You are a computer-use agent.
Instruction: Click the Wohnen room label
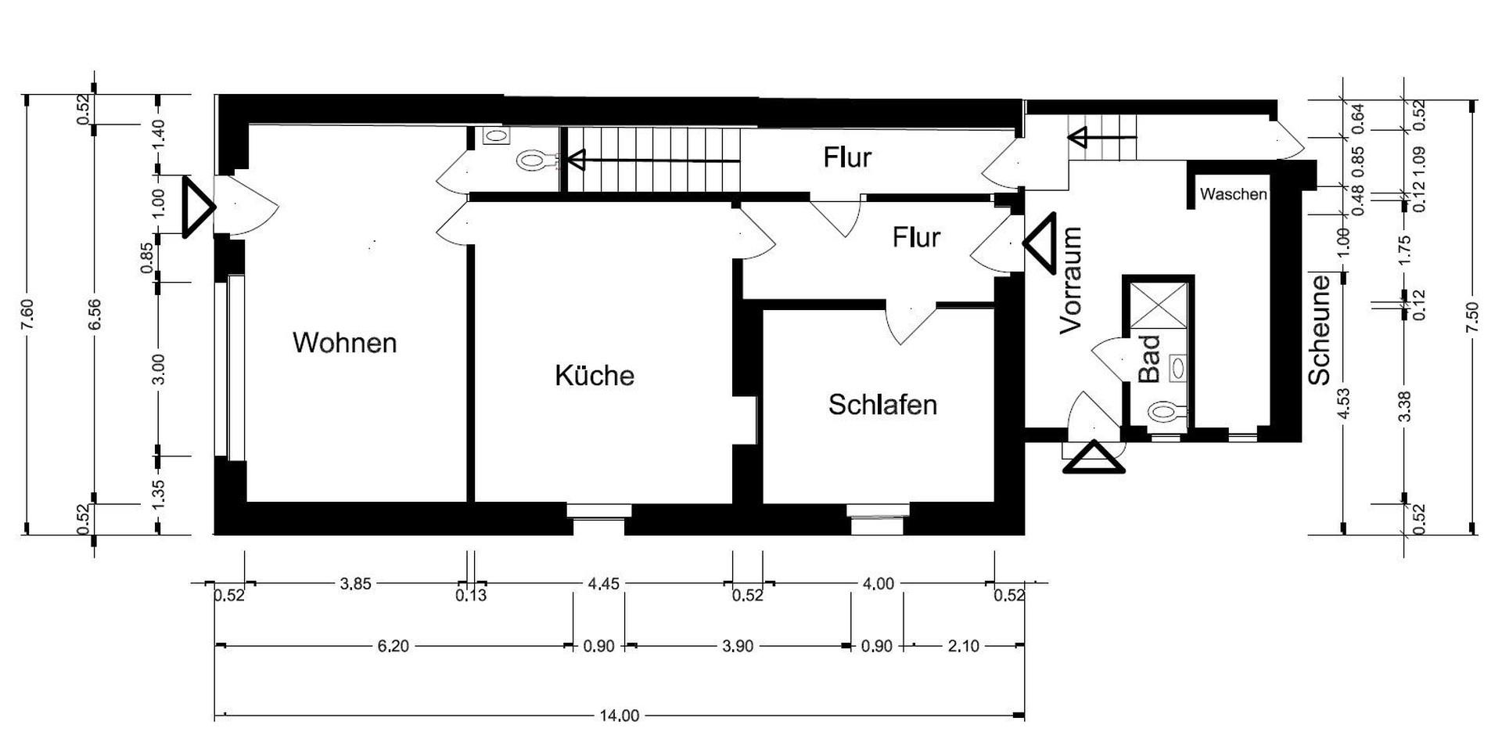pos(344,343)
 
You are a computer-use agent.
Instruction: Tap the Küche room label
pos(595,376)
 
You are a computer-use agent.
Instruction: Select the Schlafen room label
pos(882,405)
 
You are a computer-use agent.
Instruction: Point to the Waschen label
pos(1233,194)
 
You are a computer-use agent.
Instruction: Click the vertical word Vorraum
pos(1071,280)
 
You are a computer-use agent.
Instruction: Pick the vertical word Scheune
pos(1320,330)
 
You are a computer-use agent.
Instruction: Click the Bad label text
pos(1148,359)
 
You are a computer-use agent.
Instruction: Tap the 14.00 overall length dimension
pos(619,716)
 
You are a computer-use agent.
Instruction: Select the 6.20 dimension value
pos(393,647)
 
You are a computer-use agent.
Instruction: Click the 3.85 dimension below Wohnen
pos(355,584)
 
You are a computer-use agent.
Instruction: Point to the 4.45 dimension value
pos(603,584)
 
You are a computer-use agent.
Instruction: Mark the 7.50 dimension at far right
pos(1473,317)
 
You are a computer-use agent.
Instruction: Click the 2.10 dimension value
pos(963,647)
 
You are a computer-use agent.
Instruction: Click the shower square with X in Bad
pos(1159,305)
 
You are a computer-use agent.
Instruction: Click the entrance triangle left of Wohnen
pos(197,207)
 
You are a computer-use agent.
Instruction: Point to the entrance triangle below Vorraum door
pos(1094,459)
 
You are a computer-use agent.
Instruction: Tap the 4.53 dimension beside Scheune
pos(1344,403)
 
